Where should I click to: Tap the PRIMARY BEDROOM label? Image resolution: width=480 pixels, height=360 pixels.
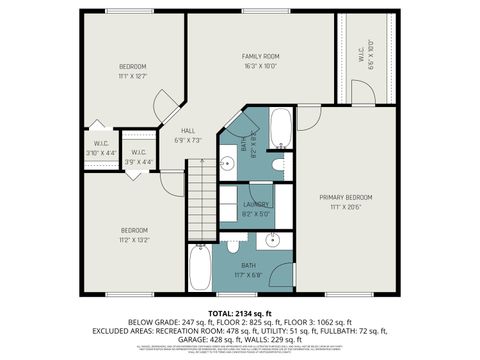[x=345, y=197]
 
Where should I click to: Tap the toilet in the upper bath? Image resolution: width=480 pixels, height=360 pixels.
[x=279, y=163]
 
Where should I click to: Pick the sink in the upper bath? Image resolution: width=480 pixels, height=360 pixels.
[x=228, y=165]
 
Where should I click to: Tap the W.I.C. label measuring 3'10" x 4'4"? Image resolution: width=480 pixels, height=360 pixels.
[x=101, y=143]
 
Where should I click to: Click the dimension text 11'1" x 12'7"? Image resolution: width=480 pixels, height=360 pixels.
[x=132, y=75]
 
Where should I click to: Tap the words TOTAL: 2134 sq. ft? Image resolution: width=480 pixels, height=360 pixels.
[x=240, y=312]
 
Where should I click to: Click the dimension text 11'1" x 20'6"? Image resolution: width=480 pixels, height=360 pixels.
[x=345, y=207]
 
